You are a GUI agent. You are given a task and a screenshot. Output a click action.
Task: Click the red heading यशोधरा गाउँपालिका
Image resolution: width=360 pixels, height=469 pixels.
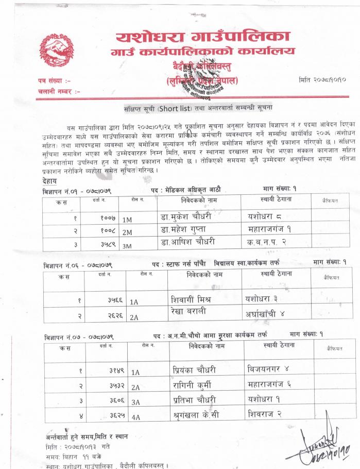[x=202, y=36]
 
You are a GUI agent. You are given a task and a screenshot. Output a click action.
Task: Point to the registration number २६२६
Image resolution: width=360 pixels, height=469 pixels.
[x=103, y=315]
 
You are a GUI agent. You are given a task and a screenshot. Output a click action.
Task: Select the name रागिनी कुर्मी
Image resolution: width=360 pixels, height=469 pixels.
[x=193, y=384]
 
